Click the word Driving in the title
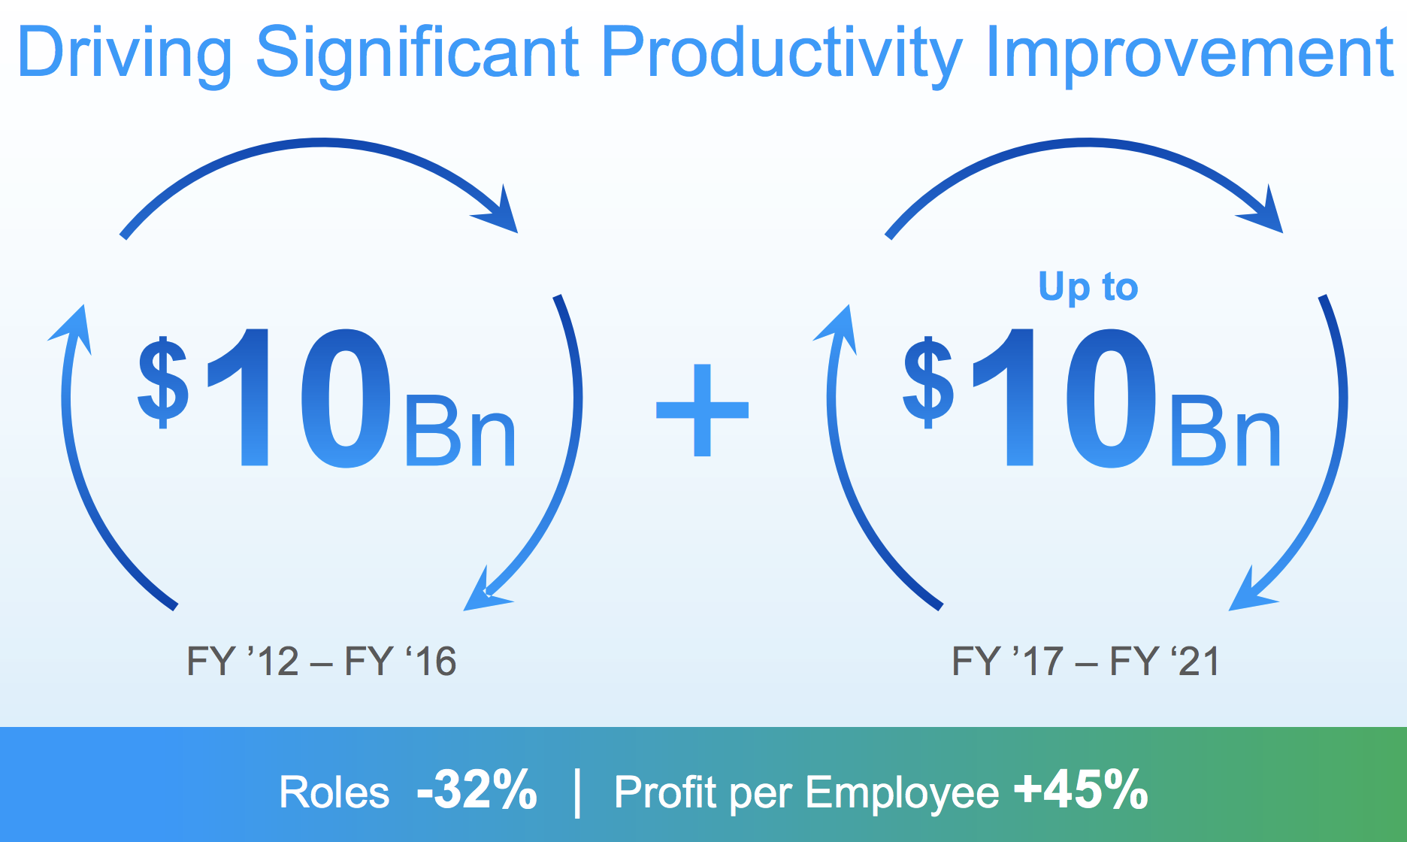tap(125, 53)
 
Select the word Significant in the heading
tap(418, 53)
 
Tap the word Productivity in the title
tap(782, 53)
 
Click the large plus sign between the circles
tap(703, 410)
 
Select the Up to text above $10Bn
tap(1088, 287)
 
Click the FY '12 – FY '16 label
tap(322, 662)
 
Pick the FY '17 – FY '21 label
tap(1086, 662)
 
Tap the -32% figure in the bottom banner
tap(477, 790)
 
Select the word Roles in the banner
tap(334, 792)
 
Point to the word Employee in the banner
tap(902, 794)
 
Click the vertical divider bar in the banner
tap(577, 792)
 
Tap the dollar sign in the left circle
tap(163, 383)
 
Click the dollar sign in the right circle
tap(929, 383)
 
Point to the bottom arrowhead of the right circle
tap(1251, 590)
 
